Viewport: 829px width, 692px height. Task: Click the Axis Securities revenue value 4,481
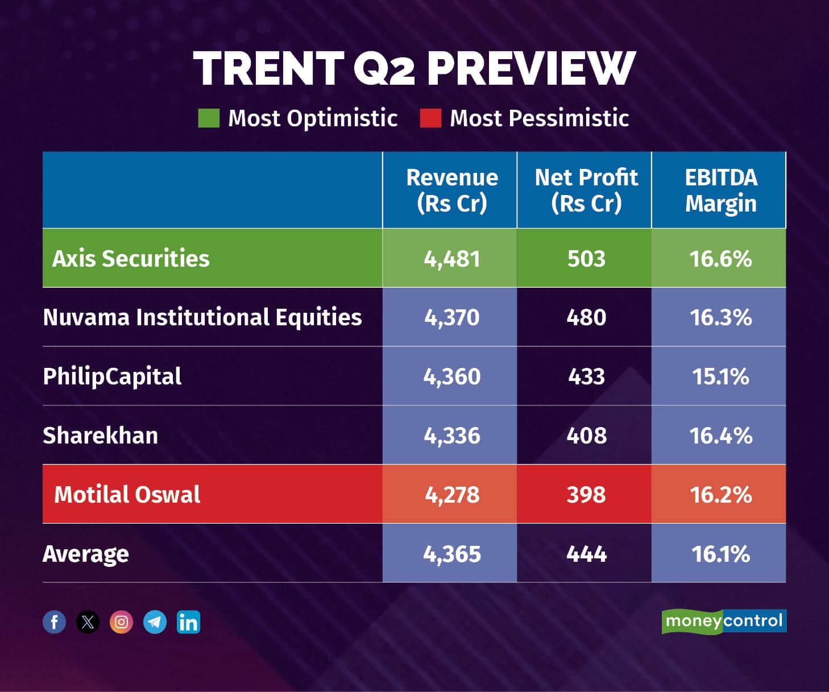pos(451,259)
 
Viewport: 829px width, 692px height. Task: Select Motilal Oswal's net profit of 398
pos(586,495)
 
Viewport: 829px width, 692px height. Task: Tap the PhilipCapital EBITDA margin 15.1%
pos(720,376)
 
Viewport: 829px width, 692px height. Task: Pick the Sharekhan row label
pos(101,436)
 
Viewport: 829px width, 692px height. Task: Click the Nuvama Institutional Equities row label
pos(202,317)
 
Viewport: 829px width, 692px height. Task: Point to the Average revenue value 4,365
pos(451,554)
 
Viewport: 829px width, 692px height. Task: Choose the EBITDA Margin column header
pos(720,190)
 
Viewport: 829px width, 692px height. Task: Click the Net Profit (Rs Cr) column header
pos(586,190)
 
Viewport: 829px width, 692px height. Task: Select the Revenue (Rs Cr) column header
pos(451,190)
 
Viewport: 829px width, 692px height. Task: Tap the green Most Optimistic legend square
pos(209,118)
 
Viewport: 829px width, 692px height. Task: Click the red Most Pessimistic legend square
pos(430,118)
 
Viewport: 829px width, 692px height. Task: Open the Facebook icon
pos(55,622)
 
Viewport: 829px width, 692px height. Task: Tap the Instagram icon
pos(121,622)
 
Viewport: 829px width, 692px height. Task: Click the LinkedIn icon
pos(188,622)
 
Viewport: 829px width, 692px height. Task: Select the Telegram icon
pos(155,622)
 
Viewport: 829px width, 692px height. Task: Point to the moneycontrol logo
pos(724,621)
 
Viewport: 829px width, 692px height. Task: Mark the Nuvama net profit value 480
pos(586,317)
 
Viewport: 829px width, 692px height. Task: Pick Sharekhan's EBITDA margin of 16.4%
pos(720,436)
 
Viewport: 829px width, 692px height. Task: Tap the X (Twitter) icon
pos(88,622)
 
